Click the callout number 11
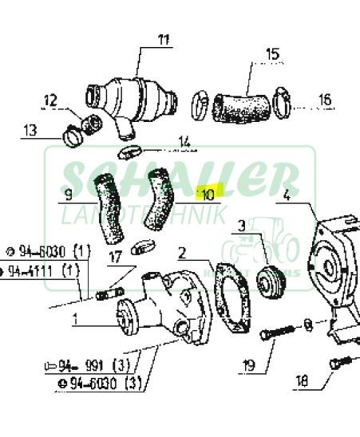pos(164,39)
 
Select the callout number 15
pos(272,55)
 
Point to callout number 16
pos(324,100)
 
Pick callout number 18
pos(302,382)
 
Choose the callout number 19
pos(248,367)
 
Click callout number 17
pos(115,257)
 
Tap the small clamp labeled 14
pos(130,152)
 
